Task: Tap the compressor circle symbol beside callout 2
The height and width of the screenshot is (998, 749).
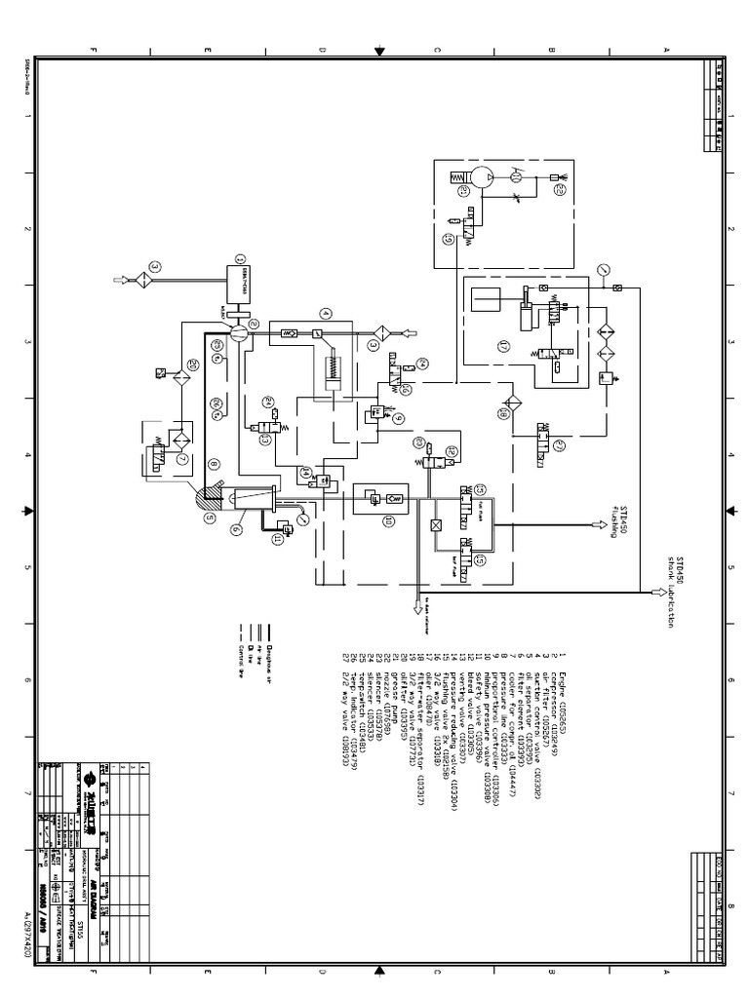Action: click(x=238, y=334)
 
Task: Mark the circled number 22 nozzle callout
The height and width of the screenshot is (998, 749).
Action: click(x=559, y=191)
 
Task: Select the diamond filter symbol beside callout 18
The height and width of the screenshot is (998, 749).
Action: click(x=510, y=401)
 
